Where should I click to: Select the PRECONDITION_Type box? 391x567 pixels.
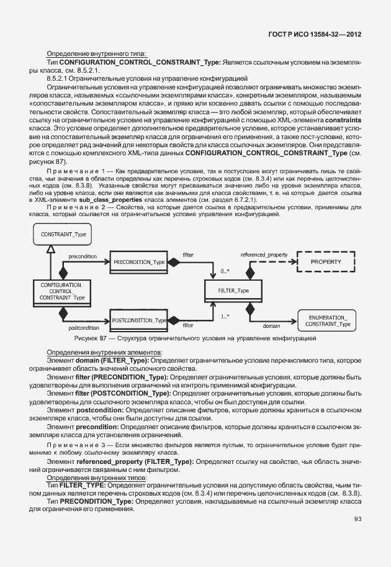point(138,263)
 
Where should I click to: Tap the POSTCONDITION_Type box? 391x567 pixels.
point(139,320)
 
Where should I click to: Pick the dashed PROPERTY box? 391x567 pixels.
point(326,262)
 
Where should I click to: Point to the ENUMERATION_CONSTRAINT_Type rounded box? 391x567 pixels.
point(327,320)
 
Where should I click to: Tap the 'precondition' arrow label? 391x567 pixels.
point(81,256)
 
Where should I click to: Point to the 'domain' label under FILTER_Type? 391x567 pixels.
point(271,325)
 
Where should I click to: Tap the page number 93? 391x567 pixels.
point(357,519)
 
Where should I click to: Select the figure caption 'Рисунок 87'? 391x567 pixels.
point(92,338)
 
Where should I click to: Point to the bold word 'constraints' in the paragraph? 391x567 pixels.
point(343,118)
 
